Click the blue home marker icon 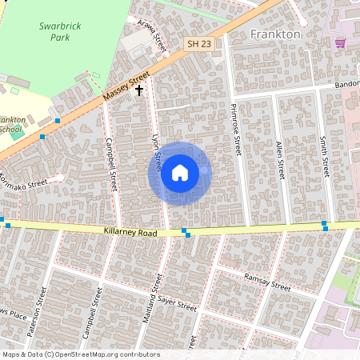pyautogui.click(x=180, y=173)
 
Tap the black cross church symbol pyautogui.click(x=139, y=91)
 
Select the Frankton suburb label pyautogui.click(x=275, y=34)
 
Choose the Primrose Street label pyautogui.click(x=236, y=128)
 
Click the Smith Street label pyautogui.click(x=324, y=155)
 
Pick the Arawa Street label pyautogui.click(x=151, y=36)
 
